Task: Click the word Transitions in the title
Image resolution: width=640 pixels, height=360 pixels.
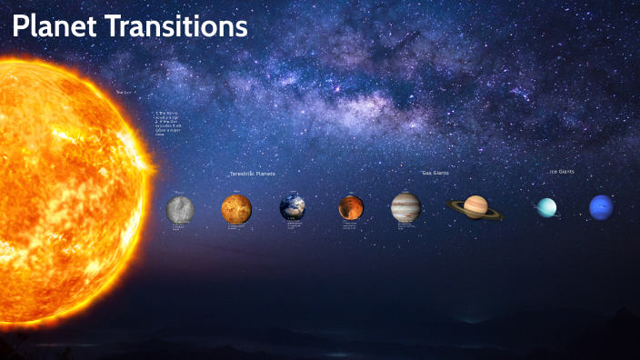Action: [x=176, y=27]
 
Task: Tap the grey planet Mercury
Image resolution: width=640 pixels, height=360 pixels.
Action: [x=180, y=209]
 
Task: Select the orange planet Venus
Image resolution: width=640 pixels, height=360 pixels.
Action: [x=236, y=209]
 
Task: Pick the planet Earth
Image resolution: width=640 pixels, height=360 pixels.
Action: [x=293, y=208]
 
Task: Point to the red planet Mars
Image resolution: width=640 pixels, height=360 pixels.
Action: [x=351, y=207]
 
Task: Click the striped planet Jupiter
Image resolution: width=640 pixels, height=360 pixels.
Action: [x=405, y=207]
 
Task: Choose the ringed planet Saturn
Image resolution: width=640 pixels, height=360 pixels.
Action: [x=475, y=207]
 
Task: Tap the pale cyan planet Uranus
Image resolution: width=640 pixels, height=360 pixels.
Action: [x=546, y=208]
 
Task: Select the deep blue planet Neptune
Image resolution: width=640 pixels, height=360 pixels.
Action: [x=601, y=207]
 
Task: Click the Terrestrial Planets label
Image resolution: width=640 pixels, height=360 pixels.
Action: [x=252, y=173]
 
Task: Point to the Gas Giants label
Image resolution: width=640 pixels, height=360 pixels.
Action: [x=435, y=172]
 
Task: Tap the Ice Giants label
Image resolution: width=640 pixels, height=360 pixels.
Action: [x=561, y=171]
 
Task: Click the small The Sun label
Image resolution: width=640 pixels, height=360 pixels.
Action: [x=124, y=92]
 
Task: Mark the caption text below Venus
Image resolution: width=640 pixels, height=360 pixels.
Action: [x=236, y=226]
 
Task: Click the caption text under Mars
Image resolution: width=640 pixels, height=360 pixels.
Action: [x=350, y=225]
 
